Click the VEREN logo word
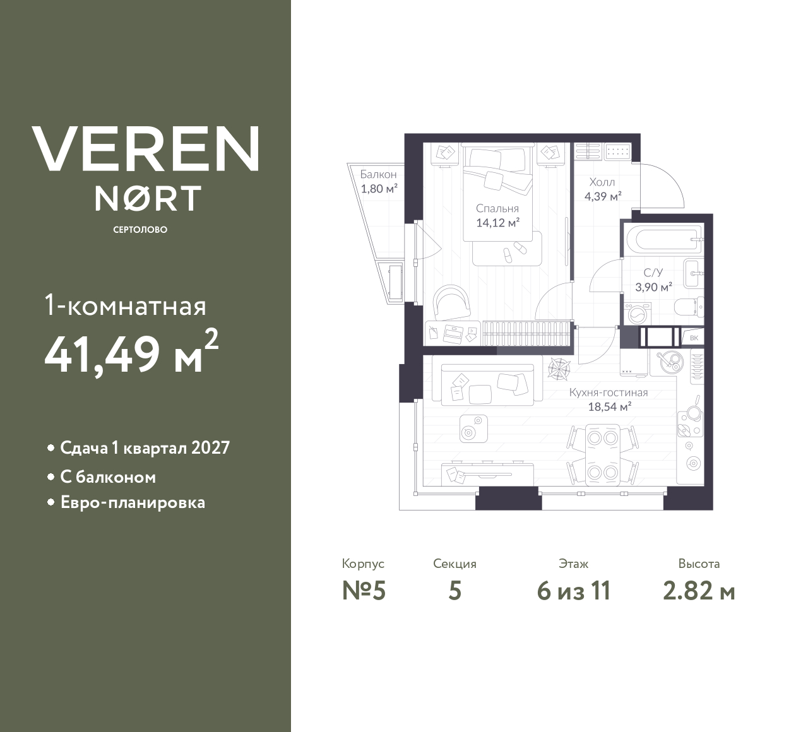(146, 149)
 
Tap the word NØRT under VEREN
(148, 198)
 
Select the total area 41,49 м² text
(131, 354)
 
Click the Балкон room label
(378, 174)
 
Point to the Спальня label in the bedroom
(497, 208)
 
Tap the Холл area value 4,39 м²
(603, 196)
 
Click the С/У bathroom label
(653, 273)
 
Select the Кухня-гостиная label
(609, 393)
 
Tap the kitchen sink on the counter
(667, 361)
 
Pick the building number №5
(364, 591)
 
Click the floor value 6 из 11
(573, 591)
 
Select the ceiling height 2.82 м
(699, 591)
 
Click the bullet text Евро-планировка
(133, 503)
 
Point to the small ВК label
(694, 338)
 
